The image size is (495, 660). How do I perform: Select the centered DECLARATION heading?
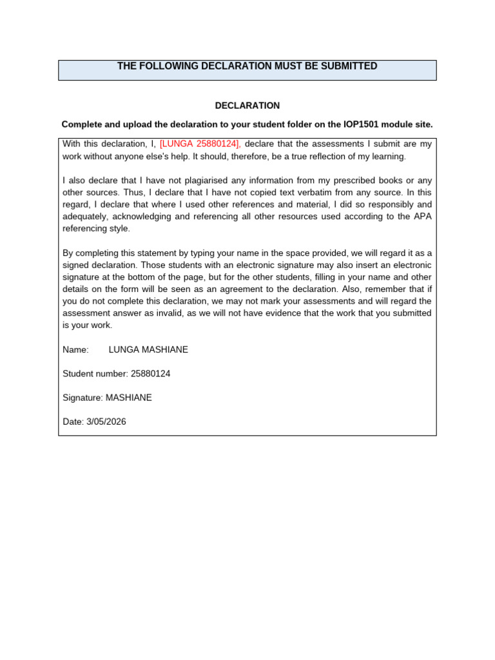[x=247, y=105]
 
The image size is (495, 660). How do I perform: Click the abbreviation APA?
[x=422, y=217]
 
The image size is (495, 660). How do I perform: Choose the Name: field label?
[x=75, y=349]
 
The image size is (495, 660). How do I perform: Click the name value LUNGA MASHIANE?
[x=148, y=349]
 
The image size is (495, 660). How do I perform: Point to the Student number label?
[x=95, y=374]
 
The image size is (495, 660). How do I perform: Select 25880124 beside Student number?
[x=150, y=374]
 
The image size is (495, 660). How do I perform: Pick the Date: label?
[x=73, y=422]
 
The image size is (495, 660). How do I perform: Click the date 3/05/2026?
[x=106, y=422]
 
